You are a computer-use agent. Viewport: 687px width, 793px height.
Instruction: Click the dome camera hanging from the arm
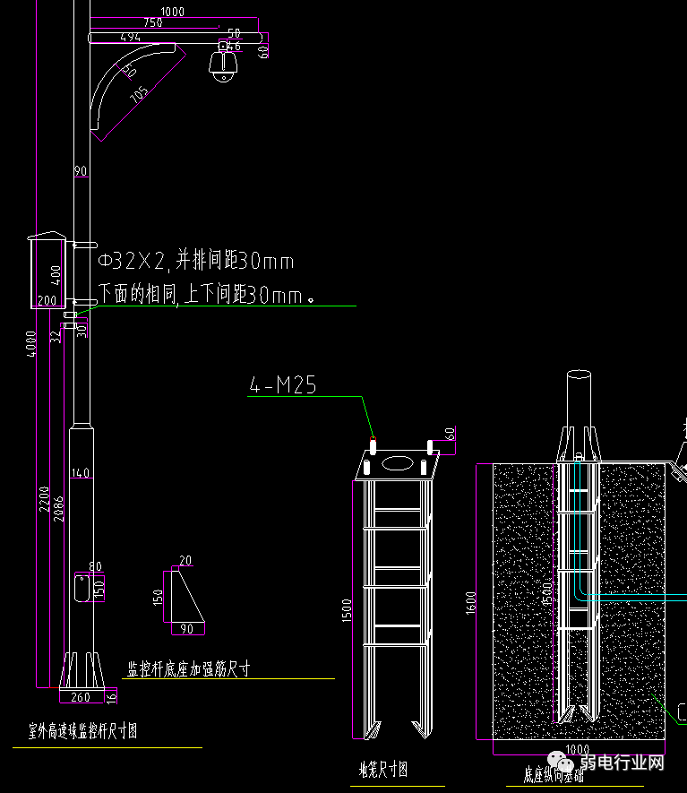[221, 68]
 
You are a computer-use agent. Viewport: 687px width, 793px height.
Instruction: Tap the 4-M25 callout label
[282, 385]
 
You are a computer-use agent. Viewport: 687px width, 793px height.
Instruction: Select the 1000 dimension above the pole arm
[172, 11]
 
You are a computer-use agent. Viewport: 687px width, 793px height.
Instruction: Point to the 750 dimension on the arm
[152, 22]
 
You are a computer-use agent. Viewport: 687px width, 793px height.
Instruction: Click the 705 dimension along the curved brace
[141, 96]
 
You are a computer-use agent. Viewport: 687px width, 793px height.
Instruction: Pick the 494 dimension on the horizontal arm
[130, 37]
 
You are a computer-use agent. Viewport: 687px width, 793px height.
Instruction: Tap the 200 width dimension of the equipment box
[47, 300]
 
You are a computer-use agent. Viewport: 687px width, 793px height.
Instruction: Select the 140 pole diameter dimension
[81, 473]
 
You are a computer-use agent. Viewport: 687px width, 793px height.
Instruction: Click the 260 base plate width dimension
[81, 697]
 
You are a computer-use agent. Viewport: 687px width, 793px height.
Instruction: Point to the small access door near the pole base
[81, 589]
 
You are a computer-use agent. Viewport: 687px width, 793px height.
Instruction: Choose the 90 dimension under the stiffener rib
[186, 628]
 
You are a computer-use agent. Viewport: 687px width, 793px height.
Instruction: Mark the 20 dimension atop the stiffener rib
[185, 561]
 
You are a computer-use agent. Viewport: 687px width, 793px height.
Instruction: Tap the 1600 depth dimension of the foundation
[471, 601]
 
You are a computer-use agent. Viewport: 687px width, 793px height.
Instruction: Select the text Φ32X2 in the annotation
[132, 262]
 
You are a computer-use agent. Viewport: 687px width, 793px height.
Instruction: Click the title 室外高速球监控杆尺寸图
[82, 732]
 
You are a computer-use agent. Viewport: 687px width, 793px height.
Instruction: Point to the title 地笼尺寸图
[382, 769]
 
